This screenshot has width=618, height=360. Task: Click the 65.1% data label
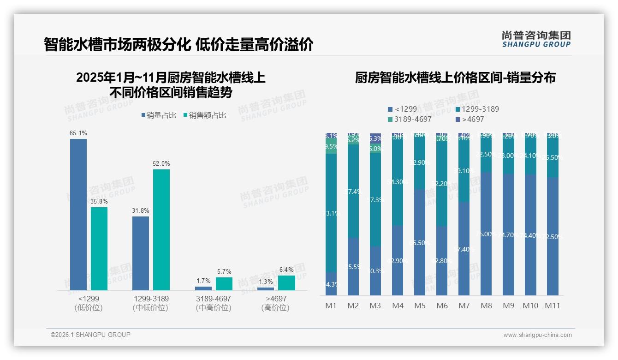click(78, 133)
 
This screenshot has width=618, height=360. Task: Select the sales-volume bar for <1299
click(78, 215)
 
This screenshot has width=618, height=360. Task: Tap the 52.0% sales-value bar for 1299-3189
click(161, 230)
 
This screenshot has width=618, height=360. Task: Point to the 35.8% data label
click(99, 201)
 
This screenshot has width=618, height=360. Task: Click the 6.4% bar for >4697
click(286, 283)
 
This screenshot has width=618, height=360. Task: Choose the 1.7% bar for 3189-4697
click(203, 288)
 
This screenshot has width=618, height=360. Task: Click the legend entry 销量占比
click(159, 115)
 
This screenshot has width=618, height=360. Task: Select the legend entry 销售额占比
click(205, 115)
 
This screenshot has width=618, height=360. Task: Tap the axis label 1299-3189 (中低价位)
click(151, 303)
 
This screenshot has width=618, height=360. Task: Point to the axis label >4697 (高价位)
click(275, 303)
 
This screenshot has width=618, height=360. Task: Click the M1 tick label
click(331, 306)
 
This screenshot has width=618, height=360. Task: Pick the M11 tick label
click(553, 306)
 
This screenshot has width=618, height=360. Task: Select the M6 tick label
click(442, 306)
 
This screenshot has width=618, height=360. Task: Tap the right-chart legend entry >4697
click(470, 119)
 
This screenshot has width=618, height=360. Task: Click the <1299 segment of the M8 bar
click(486, 234)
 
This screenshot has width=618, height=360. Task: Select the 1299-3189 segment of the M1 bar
click(331, 213)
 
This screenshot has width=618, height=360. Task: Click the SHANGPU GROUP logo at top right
click(536, 39)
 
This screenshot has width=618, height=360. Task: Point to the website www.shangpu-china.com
click(537, 335)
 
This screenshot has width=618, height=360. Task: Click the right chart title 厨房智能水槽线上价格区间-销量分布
click(455, 78)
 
